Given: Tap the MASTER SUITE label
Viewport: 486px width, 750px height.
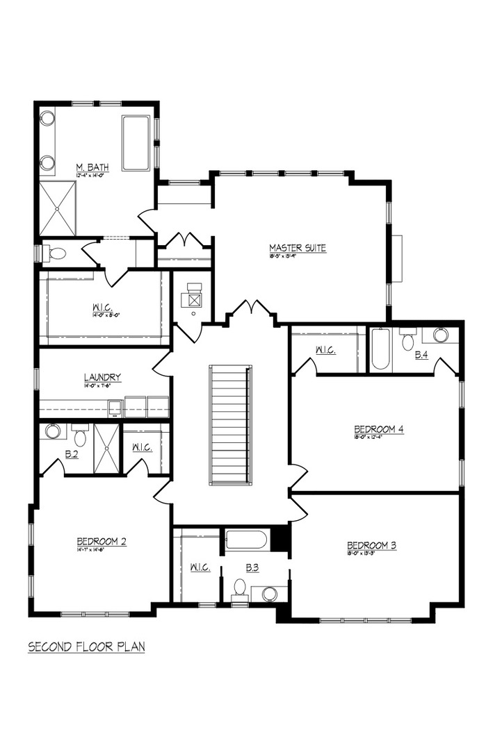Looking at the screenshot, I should point(298,248).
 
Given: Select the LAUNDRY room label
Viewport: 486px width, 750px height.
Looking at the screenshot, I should point(103,377).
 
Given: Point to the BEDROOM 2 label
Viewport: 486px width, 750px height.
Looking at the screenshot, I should point(101,541).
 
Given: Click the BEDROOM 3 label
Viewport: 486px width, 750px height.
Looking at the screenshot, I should point(371,545).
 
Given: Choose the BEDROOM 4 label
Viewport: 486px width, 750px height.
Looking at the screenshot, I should point(379,428).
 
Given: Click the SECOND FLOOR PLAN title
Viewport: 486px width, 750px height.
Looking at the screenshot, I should point(86,647).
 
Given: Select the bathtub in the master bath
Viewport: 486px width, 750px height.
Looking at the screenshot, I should point(136,143).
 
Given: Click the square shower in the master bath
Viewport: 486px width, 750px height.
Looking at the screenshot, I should point(57,208).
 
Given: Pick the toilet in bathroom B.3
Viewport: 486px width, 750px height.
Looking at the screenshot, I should point(240,588).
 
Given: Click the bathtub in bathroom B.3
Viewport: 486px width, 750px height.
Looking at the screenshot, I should point(246,540).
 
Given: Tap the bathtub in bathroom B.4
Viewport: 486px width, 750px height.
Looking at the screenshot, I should point(380,349).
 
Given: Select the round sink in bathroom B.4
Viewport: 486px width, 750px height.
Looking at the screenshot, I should point(441,335).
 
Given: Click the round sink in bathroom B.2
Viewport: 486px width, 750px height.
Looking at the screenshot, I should point(53,431).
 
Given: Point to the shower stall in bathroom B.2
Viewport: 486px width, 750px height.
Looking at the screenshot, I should point(106,448).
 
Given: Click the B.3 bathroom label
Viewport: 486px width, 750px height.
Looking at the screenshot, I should point(252,567).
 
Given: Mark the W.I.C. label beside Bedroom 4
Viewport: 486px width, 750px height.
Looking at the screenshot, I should point(325,351).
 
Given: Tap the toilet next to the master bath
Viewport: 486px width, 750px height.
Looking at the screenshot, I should point(56,253).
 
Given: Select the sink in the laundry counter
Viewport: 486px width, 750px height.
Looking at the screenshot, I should point(115,407).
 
